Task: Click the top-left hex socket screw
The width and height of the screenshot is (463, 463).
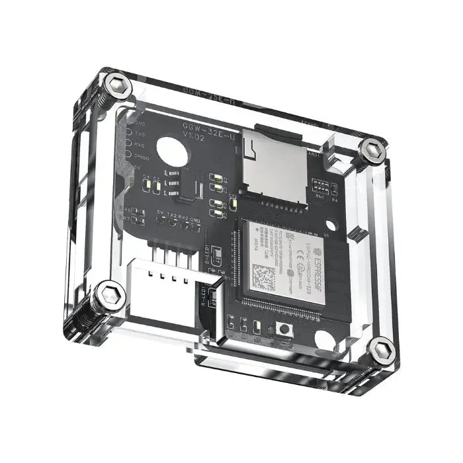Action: click(118, 85)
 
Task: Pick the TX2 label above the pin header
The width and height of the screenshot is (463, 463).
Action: click(172, 216)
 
